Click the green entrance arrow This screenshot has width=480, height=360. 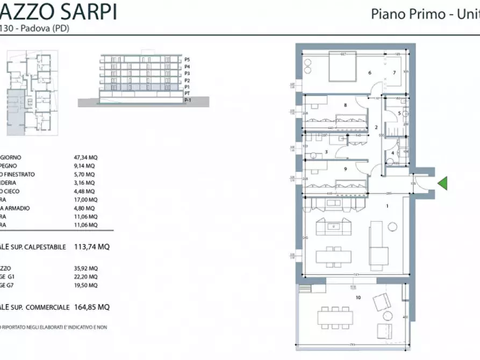click(x=442, y=184)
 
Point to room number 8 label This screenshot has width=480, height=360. click(x=345, y=105)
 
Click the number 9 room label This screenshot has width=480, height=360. click(x=345, y=169)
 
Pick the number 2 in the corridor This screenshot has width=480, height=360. click(x=376, y=127)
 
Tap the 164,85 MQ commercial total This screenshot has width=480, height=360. click(x=97, y=307)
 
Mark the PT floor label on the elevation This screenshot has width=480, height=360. click(x=187, y=93)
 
